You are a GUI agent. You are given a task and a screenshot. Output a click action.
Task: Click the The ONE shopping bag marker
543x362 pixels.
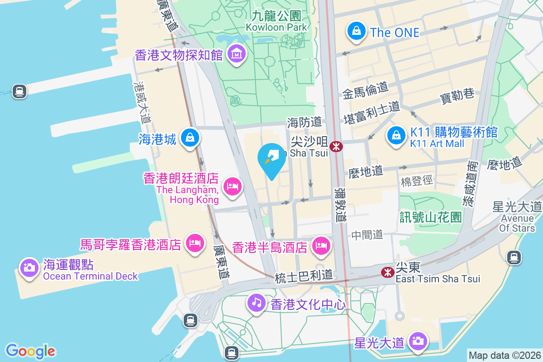click(357, 31)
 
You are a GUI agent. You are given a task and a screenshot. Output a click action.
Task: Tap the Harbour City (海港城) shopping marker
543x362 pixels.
click(190, 137)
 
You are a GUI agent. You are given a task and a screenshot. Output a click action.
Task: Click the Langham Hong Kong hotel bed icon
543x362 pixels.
click(233, 186)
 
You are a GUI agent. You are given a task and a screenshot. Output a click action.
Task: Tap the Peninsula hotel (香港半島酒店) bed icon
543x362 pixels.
click(321, 246)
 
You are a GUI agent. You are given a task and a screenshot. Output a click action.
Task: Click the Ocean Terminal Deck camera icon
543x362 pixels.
click(29, 267)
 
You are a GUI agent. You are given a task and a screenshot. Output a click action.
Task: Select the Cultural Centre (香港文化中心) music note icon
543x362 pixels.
click(257, 302)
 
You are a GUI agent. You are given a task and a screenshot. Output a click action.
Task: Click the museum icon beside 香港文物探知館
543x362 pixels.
click(236, 54)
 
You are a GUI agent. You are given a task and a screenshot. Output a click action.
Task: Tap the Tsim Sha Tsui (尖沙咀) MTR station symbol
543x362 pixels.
click(336, 146)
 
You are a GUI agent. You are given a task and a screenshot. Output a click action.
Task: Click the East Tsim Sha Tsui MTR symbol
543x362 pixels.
click(387, 272)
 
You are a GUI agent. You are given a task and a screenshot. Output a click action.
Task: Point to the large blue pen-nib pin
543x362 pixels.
click(271, 160)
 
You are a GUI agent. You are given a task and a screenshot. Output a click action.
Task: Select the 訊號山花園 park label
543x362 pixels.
click(430, 217)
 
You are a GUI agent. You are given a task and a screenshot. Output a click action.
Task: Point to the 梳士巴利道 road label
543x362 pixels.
click(304, 275)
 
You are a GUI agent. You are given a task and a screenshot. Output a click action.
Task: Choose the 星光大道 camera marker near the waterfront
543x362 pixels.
click(417, 341)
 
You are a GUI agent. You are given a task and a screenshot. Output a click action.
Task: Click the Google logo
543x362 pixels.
click(30, 351)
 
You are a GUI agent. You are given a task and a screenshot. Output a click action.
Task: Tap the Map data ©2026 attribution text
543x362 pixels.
click(504, 355)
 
